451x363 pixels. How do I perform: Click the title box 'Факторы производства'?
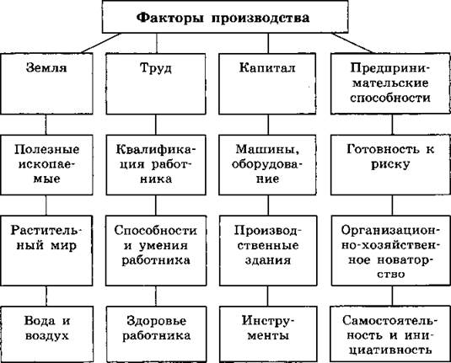(225, 17)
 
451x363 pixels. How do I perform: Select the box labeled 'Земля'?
(46, 83)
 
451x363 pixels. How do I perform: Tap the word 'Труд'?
(156, 69)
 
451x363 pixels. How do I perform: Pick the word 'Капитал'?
(267, 68)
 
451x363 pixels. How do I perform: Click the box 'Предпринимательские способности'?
(390, 83)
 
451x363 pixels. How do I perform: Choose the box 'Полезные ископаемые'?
(46, 165)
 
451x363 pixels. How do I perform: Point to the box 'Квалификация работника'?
(156, 165)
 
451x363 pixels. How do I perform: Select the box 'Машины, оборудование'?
(267, 165)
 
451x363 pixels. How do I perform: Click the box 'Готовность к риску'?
(390, 165)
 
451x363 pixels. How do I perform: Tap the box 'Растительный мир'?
(46, 250)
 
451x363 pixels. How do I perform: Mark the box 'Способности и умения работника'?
(156, 250)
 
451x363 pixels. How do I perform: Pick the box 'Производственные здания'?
(268, 250)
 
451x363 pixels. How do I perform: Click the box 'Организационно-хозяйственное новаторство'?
(390, 250)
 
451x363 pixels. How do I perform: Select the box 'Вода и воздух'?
(47, 334)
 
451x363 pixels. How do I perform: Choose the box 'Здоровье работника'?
(156, 334)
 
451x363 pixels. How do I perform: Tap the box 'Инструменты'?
(268, 334)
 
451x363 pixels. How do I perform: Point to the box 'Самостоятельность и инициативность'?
(390, 334)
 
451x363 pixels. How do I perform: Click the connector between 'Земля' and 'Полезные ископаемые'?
(46, 125)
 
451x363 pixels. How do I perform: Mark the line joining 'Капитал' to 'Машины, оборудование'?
(268, 125)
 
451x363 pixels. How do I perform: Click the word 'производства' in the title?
(260, 18)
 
